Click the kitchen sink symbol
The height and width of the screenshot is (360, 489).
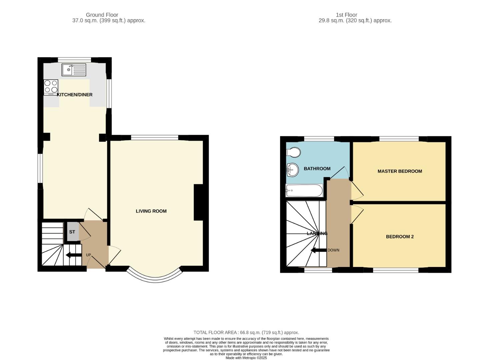[x=74, y=70]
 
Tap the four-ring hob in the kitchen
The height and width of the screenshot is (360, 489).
[x=51, y=87]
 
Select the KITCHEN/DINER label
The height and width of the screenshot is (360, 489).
[x=75, y=95]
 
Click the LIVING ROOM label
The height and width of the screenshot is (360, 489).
[x=151, y=211]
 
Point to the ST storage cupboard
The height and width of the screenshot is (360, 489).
[x=72, y=232]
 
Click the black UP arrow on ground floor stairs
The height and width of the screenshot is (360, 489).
[x=74, y=255]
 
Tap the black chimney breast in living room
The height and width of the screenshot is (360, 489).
[x=198, y=202]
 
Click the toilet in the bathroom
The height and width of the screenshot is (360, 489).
[x=293, y=152]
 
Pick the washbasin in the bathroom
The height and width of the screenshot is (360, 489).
[x=292, y=170]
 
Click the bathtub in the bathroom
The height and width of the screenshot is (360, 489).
[x=304, y=191]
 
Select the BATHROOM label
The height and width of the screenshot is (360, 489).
[x=317, y=169]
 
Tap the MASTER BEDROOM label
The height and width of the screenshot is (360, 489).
[x=400, y=171]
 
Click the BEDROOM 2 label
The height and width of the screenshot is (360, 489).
[x=400, y=237]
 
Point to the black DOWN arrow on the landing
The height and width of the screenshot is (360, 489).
[x=318, y=250]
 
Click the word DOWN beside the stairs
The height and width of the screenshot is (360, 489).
[x=333, y=250]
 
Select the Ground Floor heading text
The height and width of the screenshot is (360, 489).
[x=102, y=15]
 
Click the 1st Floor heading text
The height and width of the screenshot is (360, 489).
[x=346, y=15]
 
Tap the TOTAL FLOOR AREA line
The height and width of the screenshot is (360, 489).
[x=246, y=332]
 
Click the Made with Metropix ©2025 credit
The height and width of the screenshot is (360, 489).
[x=246, y=358]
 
